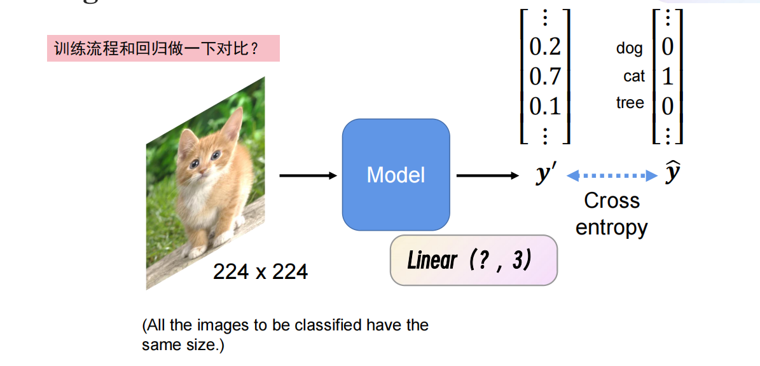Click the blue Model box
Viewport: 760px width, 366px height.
tap(396, 175)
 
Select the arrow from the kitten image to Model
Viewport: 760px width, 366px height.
tap(308, 175)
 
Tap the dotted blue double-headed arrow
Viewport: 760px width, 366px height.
tap(611, 175)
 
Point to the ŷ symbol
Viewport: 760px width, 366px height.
tap(672, 173)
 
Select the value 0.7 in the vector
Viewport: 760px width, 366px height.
tap(545, 76)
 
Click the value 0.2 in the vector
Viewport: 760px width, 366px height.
tap(545, 47)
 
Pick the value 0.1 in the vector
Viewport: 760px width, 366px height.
tap(545, 105)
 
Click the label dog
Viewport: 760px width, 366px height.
tap(629, 48)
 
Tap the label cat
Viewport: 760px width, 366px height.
tap(633, 76)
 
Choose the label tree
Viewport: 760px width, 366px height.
tap(630, 103)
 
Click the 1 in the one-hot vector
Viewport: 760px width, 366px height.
tap(667, 76)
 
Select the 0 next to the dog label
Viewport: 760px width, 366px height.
tap(667, 47)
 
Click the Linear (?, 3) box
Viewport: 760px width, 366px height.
tap(473, 261)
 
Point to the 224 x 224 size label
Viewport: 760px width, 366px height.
tap(260, 272)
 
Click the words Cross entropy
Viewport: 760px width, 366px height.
tap(611, 214)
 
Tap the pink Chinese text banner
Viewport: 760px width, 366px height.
tap(163, 48)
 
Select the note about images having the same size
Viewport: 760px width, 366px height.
tap(285, 335)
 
